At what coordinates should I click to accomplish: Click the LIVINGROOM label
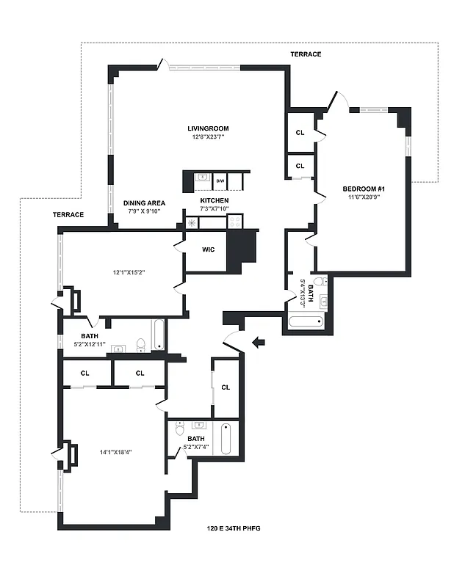click(209, 128)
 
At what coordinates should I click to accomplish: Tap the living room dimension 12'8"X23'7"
click(209, 136)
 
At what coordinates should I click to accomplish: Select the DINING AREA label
click(144, 203)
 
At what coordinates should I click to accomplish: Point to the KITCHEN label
click(215, 201)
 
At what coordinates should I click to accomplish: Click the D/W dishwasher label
click(220, 180)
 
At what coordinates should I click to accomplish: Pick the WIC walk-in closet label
click(208, 249)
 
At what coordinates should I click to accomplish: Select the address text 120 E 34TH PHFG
click(234, 528)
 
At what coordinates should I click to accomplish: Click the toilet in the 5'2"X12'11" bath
click(140, 344)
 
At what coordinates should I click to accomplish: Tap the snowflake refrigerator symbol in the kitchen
click(192, 222)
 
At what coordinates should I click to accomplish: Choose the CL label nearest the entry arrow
click(226, 387)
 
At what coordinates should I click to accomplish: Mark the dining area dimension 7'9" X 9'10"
click(144, 211)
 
